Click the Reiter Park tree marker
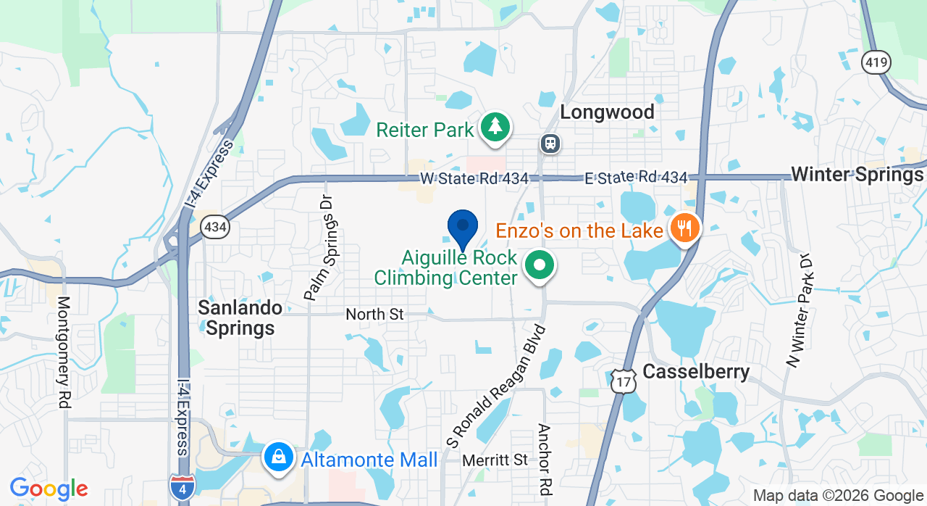(495, 128)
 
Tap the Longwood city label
(607, 112)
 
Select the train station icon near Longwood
(551, 143)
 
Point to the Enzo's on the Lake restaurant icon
(684, 229)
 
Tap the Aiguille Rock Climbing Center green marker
(539, 265)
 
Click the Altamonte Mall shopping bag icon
(278, 457)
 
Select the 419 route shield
(876, 63)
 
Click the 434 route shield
(215, 228)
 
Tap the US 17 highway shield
(624, 381)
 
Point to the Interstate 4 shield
(181, 486)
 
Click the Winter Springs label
(857, 175)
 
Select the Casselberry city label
(696, 372)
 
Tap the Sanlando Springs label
(240, 318)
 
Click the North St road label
(374, 315)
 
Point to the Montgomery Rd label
(64, 352)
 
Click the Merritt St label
(495, 460)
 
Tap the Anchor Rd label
(545, 455)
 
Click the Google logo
(49, 489)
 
